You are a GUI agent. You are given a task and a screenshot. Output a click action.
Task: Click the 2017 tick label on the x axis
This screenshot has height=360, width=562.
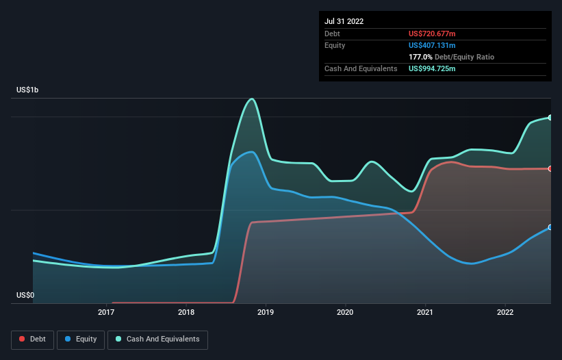tap(106, 312)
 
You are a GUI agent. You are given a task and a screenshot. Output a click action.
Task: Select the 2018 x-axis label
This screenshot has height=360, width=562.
tap(186, 312)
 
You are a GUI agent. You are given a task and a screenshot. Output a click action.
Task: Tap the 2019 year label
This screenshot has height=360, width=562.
tap(266, 312)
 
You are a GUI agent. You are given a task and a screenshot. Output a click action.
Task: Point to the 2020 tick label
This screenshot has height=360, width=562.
tap(345, 312)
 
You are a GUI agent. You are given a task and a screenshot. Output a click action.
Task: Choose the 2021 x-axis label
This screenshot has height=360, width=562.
tap(425, 312)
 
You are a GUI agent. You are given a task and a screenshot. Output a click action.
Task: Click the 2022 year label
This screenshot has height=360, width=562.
tap(505, 312)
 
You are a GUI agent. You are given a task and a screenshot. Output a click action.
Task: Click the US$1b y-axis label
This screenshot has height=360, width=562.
tap(27, 90)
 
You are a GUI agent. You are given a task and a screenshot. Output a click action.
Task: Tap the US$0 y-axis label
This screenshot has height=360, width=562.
tap(25, 295)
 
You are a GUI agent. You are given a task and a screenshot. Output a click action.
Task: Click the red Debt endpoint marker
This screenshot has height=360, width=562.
tap(550, 169)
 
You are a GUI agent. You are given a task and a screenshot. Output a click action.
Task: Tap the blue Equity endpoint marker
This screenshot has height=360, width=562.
tap(550, 227)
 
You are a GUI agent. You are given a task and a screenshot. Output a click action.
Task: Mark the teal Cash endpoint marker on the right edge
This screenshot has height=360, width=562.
tap(550, 118)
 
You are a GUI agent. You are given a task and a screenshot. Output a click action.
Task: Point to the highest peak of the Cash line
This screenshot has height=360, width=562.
tap(252, 99)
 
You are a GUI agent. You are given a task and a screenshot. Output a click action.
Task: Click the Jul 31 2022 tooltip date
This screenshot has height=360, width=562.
tap(344, 21)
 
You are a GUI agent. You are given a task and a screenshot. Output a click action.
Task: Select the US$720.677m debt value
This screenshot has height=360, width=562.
tap(432, 34)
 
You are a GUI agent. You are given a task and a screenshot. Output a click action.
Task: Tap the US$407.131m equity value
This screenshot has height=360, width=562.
tap(432, 45)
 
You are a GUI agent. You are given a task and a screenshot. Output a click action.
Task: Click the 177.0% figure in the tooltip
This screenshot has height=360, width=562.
tap(420, 57)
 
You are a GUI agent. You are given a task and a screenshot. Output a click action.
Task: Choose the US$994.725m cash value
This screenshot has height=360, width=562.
tap(432, 68)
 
